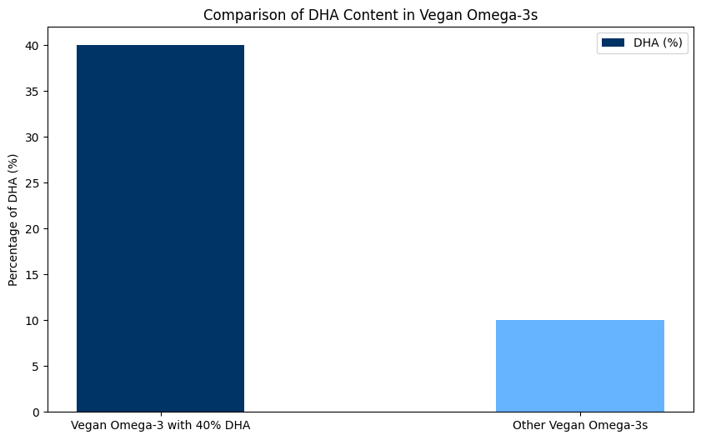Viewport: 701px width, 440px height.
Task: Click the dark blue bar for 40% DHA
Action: [x=160, y=227]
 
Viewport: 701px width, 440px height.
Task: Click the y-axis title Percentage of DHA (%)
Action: [x=13, y=219]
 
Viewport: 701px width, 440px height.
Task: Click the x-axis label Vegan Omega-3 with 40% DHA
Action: [x=160, y=425]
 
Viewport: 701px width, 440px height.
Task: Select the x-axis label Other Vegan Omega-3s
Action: [x=579, y=425]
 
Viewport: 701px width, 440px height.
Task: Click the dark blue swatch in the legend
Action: [x=613, y=44]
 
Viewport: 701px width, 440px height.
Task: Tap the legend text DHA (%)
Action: [x=660, y=44]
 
